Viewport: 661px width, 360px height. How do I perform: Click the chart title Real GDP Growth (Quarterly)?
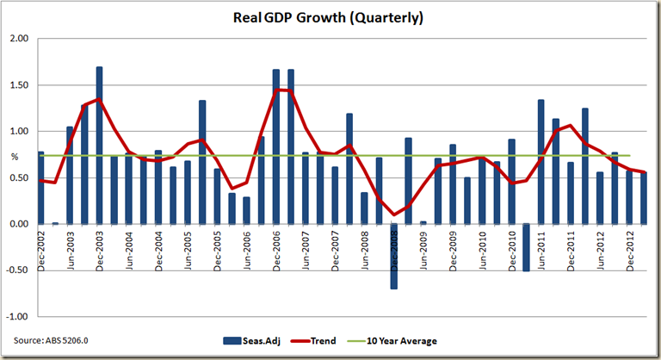pos(330,17)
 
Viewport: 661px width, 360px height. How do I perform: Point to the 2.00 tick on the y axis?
pos(19,39)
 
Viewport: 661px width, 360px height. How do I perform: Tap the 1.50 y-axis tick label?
pos(19,85)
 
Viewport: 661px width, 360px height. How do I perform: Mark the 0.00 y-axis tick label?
pos(19,224)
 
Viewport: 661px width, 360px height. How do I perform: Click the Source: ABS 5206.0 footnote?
pos(51,341)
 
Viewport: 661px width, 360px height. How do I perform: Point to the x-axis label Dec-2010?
pos(511,251)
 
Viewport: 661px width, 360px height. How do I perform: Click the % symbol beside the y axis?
pos(15,156)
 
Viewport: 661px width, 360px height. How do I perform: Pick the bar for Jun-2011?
pos(541,161)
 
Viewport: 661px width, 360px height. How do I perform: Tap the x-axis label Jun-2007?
pos(306,251)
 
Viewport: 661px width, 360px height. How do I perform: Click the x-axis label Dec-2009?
pos(453,251)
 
